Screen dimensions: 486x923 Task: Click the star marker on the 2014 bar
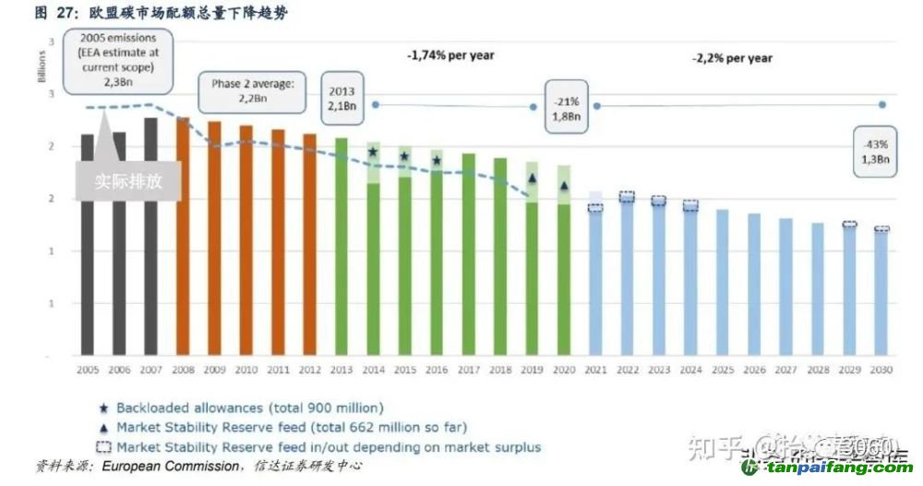tap(373, 152)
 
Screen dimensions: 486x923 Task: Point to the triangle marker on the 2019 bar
tap(532, 178)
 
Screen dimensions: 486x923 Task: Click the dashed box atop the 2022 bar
tap(627, 197)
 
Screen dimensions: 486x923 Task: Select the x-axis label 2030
tap(881, 370)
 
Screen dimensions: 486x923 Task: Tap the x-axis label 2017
tap(468, 370)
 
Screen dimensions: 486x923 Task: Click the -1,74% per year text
tap(450, 55)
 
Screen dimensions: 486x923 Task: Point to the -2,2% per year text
tap(732, 58)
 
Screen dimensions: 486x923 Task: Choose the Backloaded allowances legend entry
tap(239, 407)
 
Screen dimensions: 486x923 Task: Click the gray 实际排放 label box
tap(128, 181)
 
